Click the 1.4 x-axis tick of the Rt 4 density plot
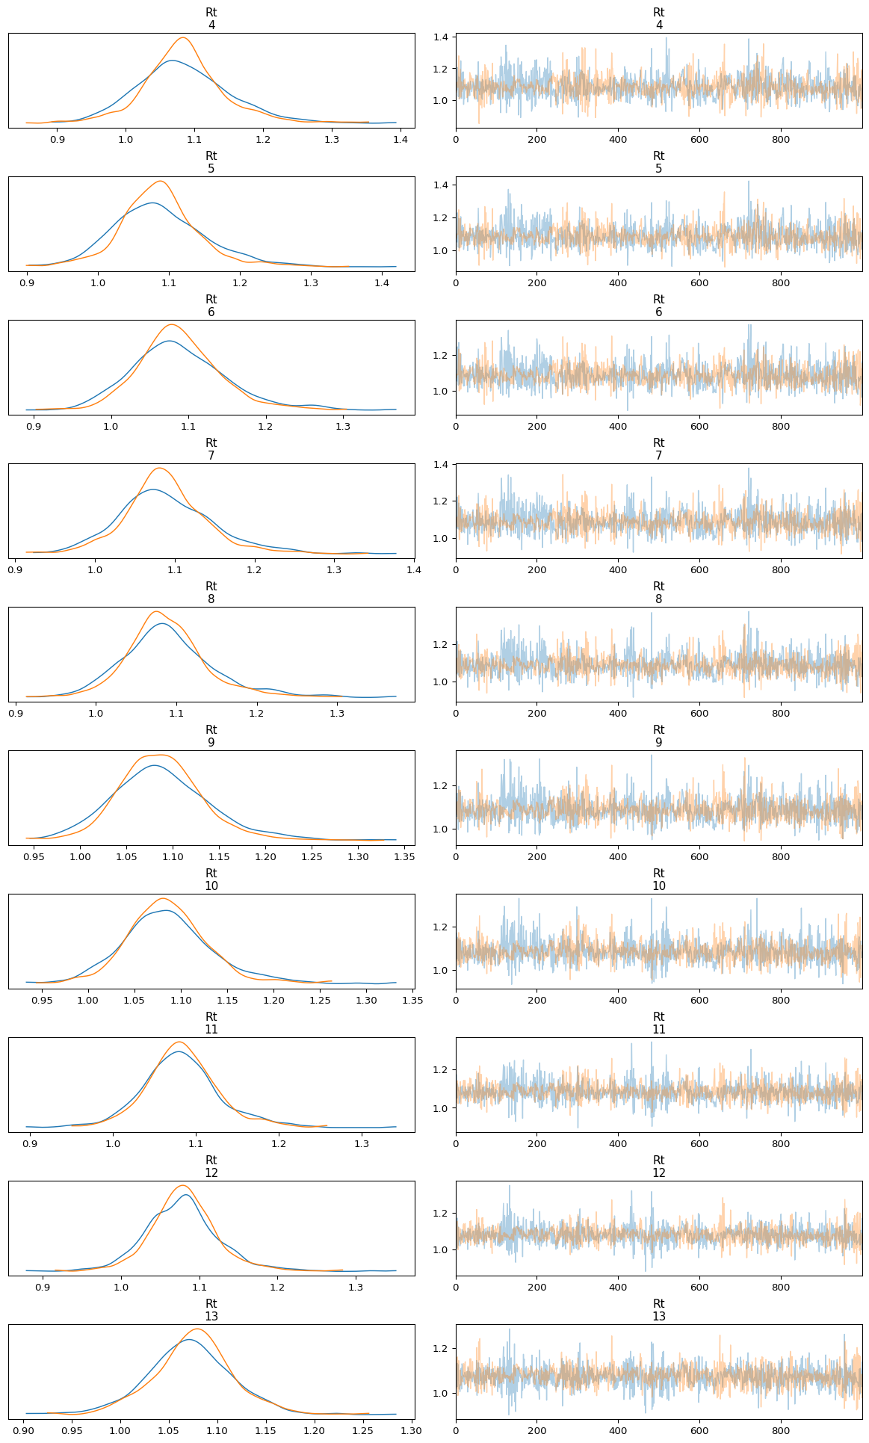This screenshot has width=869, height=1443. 400,139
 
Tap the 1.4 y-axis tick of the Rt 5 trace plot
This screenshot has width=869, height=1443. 441,185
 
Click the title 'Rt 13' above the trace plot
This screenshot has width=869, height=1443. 658,1310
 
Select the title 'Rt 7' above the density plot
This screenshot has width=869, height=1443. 211,449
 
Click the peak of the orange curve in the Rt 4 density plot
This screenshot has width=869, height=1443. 183,37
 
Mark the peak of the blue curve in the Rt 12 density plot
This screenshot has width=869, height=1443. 186,1195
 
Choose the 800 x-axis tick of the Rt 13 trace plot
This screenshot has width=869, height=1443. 781,1430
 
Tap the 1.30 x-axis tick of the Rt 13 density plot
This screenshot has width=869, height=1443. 412,1430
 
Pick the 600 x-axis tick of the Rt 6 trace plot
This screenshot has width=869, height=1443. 699,426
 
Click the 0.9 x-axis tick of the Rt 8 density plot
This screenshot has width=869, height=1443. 16,713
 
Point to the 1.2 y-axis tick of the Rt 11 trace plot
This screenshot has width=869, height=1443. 441,1070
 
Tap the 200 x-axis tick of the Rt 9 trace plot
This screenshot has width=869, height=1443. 536,856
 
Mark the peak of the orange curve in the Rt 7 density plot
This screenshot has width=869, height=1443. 159,468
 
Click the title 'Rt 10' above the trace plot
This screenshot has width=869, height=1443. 658,880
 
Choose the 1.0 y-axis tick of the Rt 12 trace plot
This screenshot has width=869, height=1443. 441,1249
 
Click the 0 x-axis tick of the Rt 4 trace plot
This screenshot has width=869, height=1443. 456,139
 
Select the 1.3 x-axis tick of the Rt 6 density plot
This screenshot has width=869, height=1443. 343,426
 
